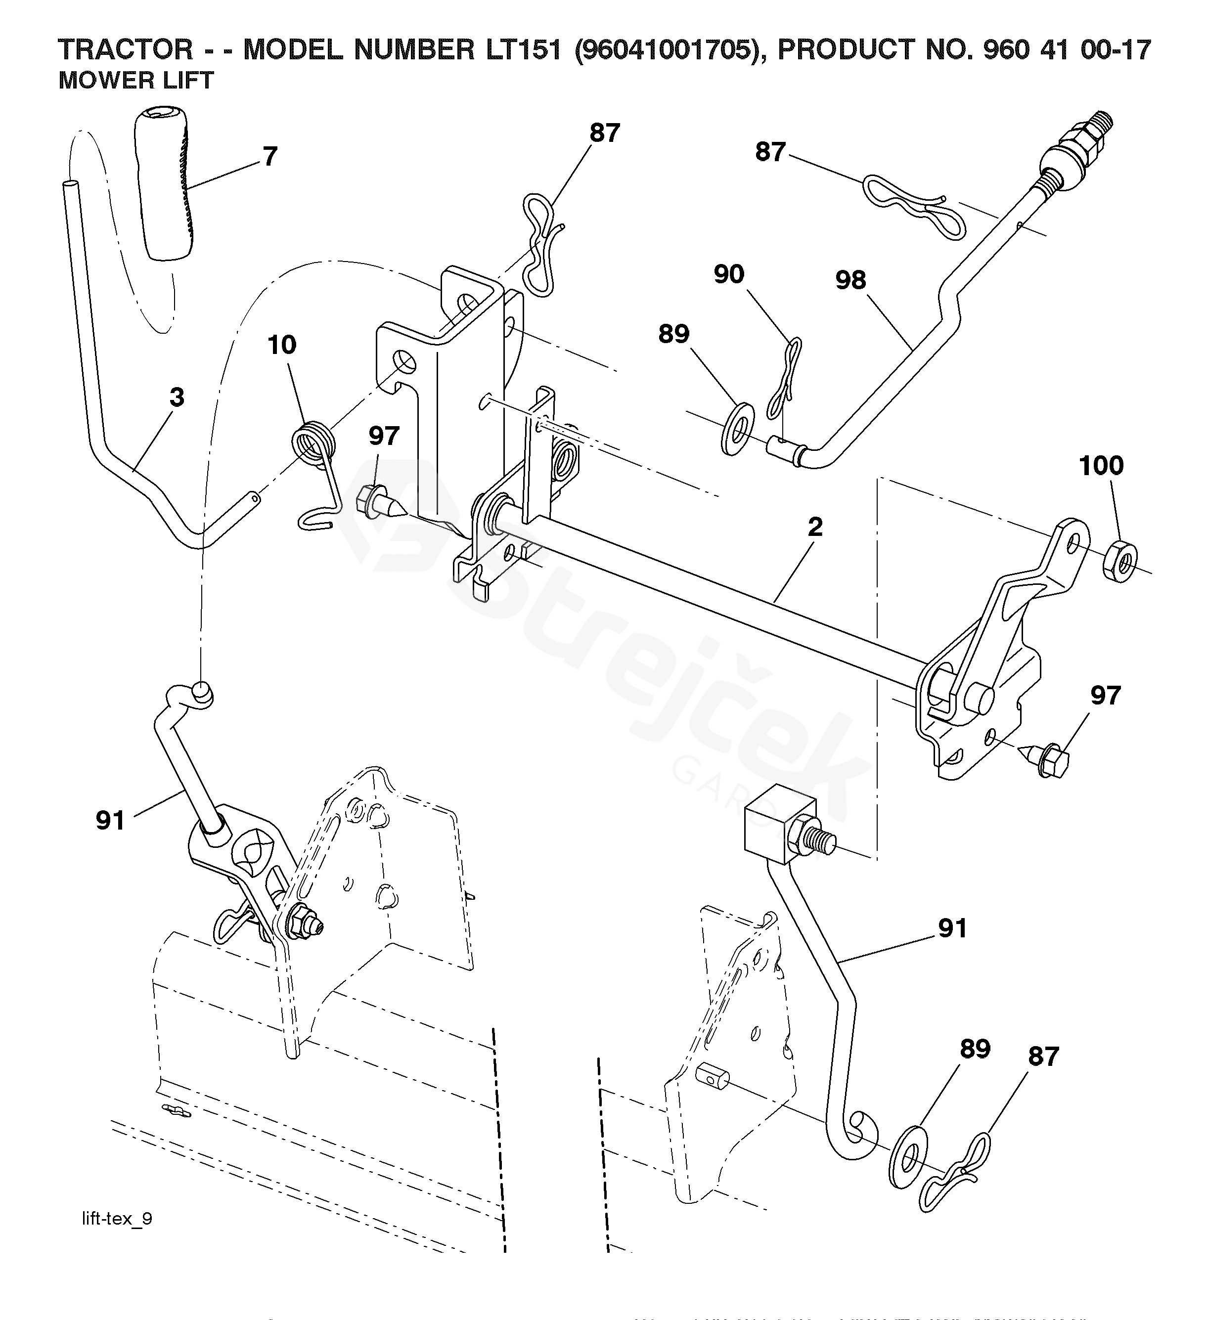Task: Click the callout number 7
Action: (270, 157)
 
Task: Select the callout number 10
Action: (282, 345)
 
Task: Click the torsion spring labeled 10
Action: (315, 452)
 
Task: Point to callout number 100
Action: (1101, 466)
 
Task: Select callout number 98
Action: (850, 280)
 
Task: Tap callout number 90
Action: (729, 274)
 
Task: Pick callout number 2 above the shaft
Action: (815, 527)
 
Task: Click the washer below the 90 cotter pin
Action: (737, 430)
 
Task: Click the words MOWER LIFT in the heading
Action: (136, 81)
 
